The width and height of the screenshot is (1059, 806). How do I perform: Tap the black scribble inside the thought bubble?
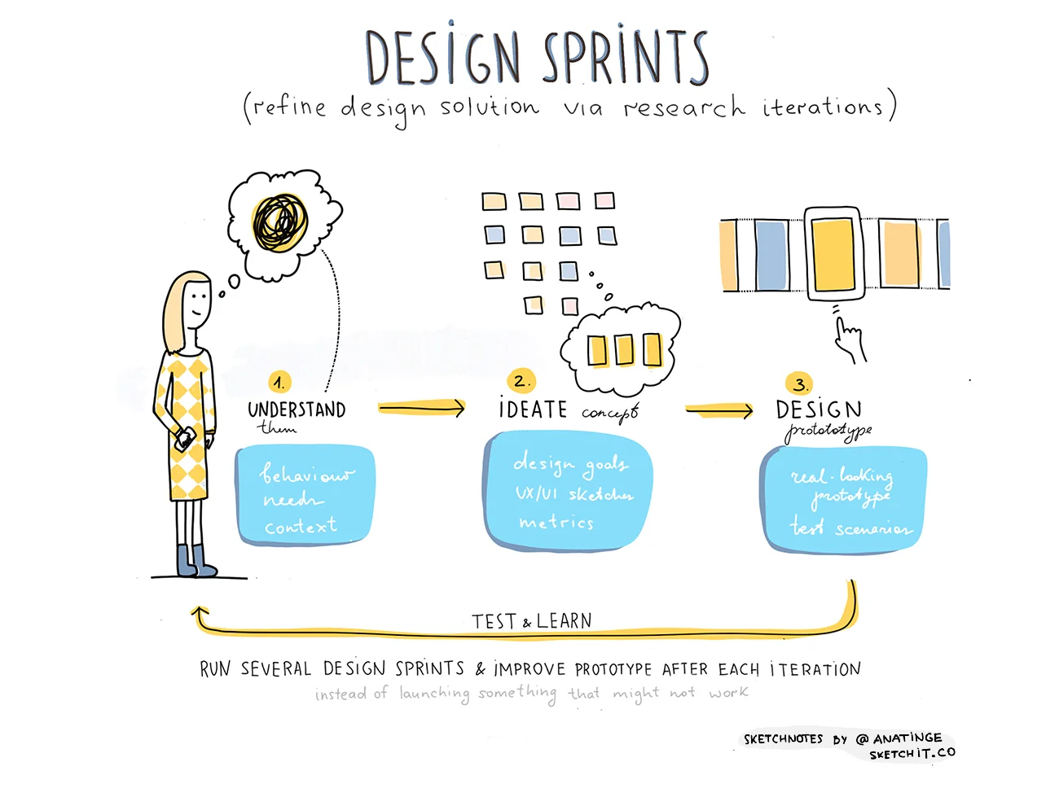tap(280, 221)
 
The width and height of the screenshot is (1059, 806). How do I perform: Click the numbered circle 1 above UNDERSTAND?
tap(279, 382)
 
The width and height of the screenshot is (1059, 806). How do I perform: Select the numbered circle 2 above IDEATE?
tap(521, 380)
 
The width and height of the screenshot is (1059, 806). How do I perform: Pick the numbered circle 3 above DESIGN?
tap(799, 383)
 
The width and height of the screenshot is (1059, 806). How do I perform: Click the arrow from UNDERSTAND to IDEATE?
tap(421, 408)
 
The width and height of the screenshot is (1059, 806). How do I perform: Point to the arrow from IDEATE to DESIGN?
tap(719, 410)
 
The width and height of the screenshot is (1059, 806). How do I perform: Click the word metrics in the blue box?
tap(556, 522)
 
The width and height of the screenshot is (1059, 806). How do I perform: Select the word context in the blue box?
tap(300, 526)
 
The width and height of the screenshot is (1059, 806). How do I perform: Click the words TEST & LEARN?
tap(532, 621)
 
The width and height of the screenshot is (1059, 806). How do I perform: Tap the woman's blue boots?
tap(196, 561)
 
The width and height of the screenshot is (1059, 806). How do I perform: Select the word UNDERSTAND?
tap(297, 410)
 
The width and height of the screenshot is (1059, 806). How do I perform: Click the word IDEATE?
tap(533, 409)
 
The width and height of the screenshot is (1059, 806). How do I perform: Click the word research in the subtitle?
tap(684, 107)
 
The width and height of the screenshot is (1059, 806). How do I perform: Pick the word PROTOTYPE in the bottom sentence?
tap(613, 669)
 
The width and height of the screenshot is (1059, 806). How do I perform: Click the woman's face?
tap(196, 303)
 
